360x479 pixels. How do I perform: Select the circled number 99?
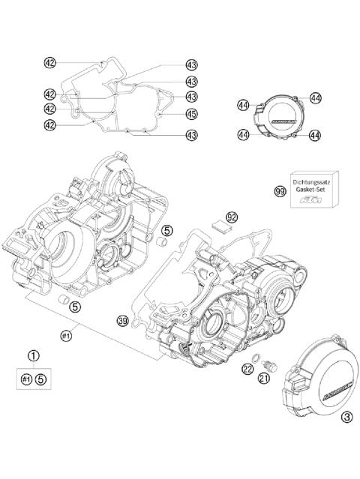coord(279,192)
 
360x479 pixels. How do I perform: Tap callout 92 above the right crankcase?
coord(232,217)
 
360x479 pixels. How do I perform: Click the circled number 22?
coord(247,367)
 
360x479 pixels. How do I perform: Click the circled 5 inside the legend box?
coord(42,379)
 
